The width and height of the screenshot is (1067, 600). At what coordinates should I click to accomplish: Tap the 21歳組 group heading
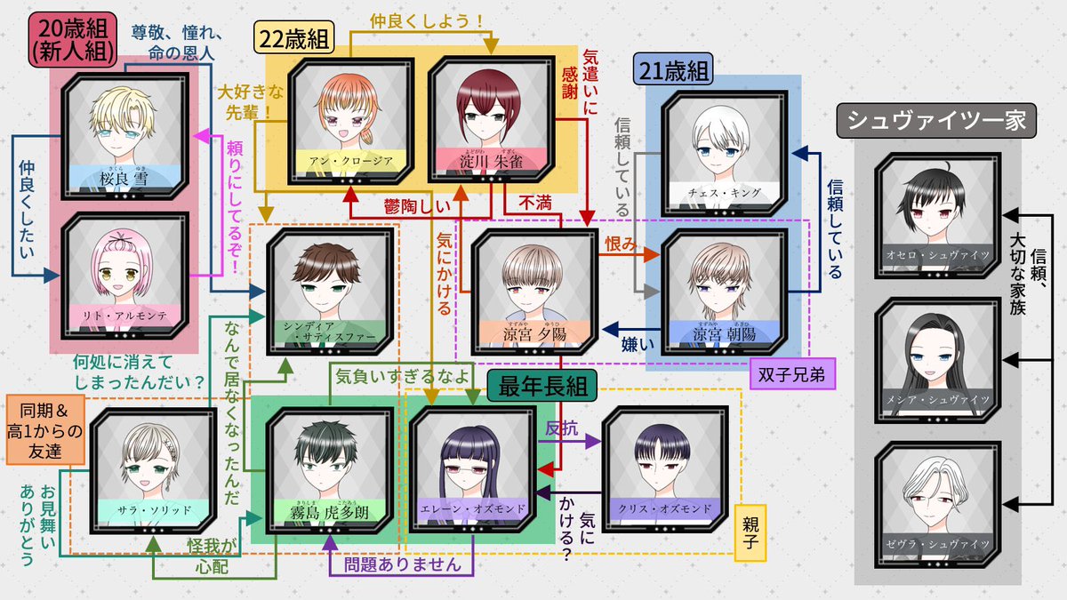(668, 68)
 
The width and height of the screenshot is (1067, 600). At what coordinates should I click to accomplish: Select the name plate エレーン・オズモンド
(471, 509)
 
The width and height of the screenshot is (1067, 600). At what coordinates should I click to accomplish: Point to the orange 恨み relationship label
(621, 243)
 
